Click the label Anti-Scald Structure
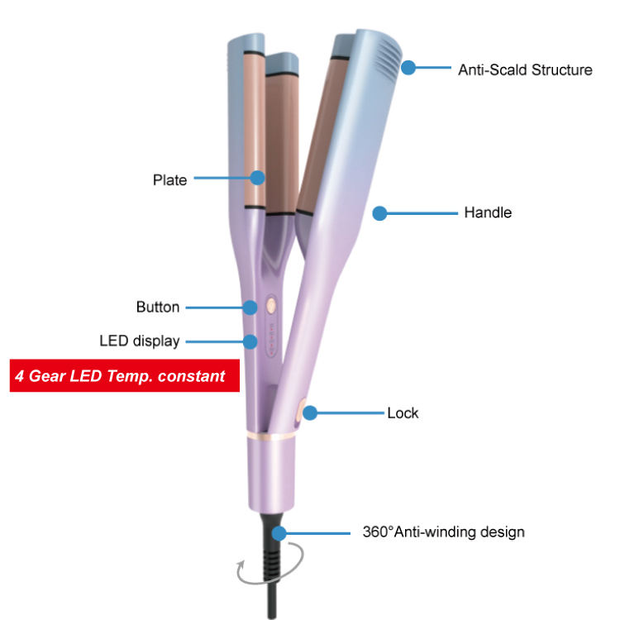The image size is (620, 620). pos(525,69)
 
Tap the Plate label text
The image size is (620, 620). pos(169,179)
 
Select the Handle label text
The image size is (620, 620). pos(487,212)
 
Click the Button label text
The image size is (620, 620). pos(157,308)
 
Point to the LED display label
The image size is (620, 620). pos(139,341)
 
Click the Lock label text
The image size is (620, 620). pos(403,413)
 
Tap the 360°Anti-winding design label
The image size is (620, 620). pos(443,532)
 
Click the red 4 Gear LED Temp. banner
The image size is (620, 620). pos(124,376)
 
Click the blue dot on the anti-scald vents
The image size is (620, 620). pos(408,69)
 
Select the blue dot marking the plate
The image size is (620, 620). pos(258,177)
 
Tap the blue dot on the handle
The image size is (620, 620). pos(379,213)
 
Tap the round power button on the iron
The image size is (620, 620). pos(270,305)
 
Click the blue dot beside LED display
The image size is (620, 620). pos(250,341)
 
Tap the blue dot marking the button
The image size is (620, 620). pos(250,308)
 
